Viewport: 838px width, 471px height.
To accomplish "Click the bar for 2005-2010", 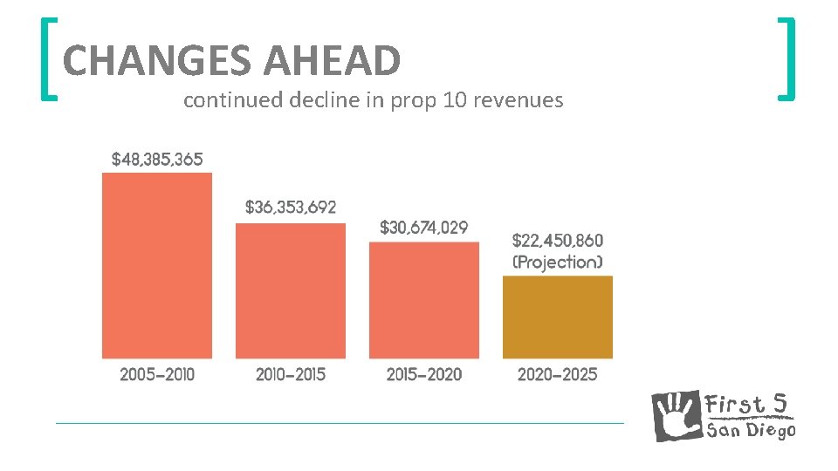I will point(157,265).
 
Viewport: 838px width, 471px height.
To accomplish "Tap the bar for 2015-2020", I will point(424,300).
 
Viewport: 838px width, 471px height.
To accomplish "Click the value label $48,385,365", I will point(157,160).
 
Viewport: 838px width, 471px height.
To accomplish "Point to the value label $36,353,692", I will point(291,208).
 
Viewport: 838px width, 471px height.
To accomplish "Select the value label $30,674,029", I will point(424,228).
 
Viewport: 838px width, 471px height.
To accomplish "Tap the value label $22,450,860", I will point(557,240).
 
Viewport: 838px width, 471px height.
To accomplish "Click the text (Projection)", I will point(557,262).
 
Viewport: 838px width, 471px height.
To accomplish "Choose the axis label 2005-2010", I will point(157,374).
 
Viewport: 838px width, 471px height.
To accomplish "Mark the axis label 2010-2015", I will point(291,374).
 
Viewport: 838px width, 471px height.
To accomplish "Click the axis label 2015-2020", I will point(424,374).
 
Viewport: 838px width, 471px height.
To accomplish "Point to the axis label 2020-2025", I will point(558,374).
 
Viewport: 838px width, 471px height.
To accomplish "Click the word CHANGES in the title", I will point(157,61).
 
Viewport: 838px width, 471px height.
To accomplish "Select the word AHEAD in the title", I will point(331,61).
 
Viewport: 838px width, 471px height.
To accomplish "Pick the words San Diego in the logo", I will point(751,429).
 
